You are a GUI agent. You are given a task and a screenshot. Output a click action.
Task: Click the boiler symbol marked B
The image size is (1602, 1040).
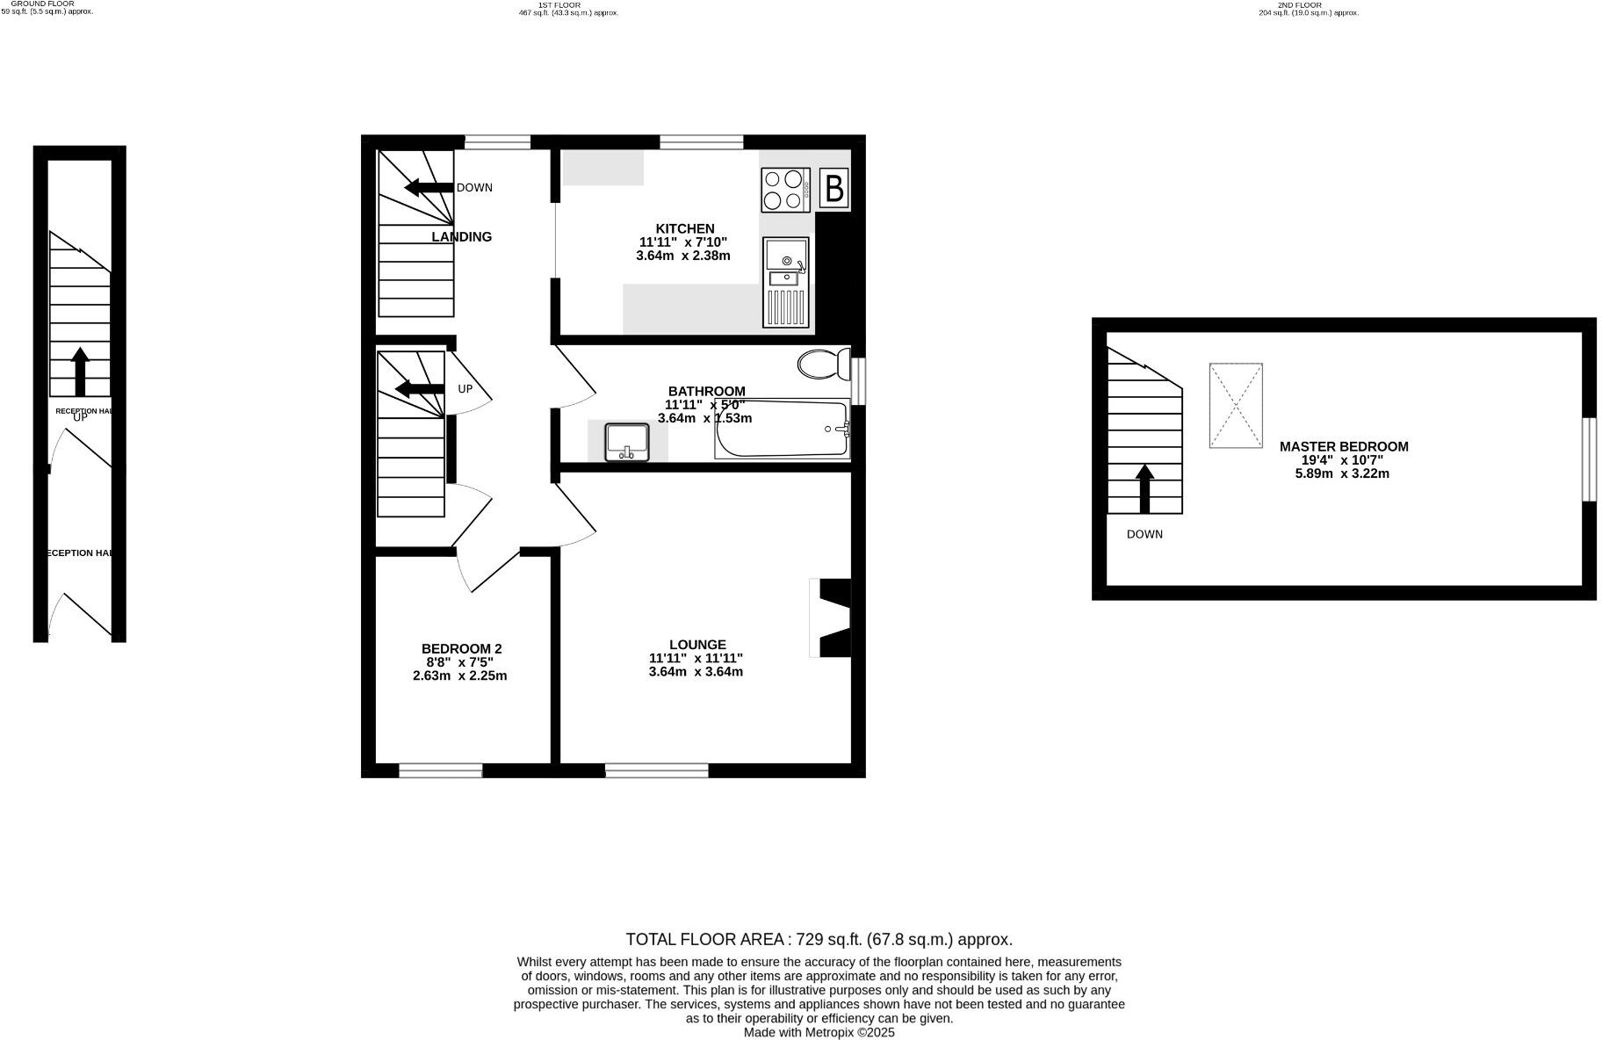click(834, 188)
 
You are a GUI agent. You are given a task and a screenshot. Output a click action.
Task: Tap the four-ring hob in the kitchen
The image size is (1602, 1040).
click(784, 190)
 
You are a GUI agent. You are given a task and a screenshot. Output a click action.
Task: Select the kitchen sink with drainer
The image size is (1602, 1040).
click(785, 282)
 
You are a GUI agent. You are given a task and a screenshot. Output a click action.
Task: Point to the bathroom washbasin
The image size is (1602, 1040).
click(627, 442)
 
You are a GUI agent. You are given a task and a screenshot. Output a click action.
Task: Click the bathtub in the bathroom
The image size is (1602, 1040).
click(783, 430)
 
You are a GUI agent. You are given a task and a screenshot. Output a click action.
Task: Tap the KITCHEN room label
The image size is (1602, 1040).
click(685, 228)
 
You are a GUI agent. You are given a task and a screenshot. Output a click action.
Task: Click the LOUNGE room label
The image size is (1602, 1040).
click(697, 644)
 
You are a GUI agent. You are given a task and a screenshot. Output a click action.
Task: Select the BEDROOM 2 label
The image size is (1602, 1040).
click(461, 648)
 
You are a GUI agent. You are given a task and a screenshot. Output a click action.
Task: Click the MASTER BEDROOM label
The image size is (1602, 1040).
click(1343, 446)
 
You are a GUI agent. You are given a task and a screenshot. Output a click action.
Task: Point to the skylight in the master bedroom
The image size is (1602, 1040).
click(1236, 405)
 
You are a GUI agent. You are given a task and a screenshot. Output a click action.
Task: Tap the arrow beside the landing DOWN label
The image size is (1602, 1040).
click(429, 187)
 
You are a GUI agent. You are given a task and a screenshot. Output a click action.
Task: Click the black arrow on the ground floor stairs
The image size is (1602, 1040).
click(80, 372)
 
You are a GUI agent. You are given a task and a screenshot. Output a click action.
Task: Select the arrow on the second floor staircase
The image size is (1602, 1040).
click(1144, 488)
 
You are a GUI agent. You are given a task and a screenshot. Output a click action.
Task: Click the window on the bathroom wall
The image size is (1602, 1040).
click(859, 380)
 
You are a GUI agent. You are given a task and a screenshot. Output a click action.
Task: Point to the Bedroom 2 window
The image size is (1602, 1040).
click(441, 770)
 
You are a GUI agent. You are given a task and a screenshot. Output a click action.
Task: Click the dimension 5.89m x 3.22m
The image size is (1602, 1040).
click(1342, 473)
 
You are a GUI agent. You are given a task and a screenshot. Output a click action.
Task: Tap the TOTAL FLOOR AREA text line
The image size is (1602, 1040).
click(819, 939)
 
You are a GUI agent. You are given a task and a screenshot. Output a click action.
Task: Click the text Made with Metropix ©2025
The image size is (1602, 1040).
click(819, 1033)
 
